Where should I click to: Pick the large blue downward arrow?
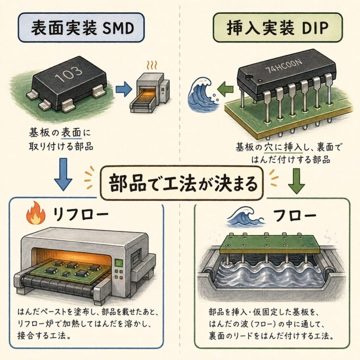pyautogui.click(x=63, y=174)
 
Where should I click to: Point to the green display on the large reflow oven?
pyautogui.click(x=119, y=263)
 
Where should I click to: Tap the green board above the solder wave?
pyautogui.click(x=269, y=243)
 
